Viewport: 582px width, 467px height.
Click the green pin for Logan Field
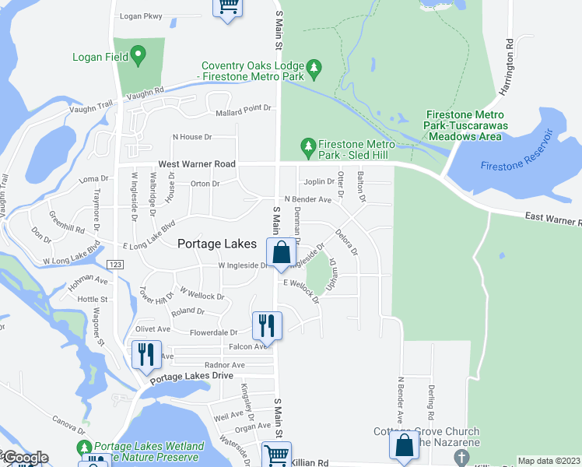pos(139,55)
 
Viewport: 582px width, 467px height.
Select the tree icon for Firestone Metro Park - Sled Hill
pos(308,146)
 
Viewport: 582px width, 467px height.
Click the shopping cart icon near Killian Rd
pos(276,454)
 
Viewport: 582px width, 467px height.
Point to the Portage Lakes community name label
pos(217,244)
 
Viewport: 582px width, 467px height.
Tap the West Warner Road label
pos(196,165)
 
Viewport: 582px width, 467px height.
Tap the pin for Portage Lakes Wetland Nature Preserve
pos(83,449)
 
